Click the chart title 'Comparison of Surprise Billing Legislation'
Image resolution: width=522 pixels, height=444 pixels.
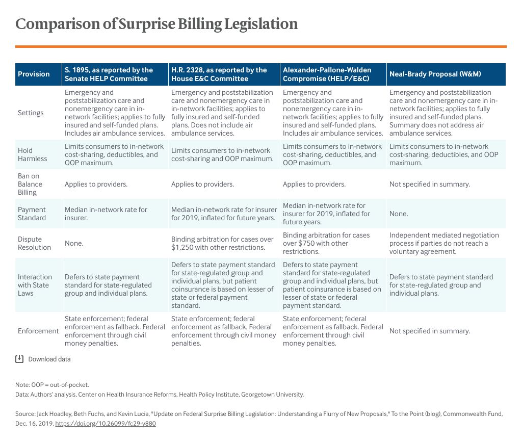click(x=156, y=24)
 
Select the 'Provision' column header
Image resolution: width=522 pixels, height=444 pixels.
click(x=34, y=74)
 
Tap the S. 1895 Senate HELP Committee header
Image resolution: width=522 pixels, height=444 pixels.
click(x=109, y=74)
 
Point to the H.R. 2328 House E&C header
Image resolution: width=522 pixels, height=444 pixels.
click(x=219, y=74)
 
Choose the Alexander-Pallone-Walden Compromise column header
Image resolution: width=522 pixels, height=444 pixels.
click(x=327, y=74)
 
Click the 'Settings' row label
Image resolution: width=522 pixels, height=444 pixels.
click(x=31, y=113)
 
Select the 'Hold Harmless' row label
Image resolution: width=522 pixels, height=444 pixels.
click(x=32, y=154)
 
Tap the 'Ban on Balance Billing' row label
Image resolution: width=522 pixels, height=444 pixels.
click(x=30, y=184)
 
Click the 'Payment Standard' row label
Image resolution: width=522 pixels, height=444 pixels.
click(x=32, y=214)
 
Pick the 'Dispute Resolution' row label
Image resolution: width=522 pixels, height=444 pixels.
click(x=34, y=243)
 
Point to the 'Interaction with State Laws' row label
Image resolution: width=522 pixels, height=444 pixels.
click(x=35, y=285)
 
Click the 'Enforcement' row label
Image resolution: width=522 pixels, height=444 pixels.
click(x=38, y=331)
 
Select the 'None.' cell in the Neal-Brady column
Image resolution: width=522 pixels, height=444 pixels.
click(x=399, y=214)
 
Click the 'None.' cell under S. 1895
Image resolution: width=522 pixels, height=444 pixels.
click(x=74, y=243)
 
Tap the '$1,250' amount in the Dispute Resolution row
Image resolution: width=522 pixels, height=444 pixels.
click(x=183, y=248)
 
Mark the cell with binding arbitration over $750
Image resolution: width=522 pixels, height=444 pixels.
click(x=326, y=243)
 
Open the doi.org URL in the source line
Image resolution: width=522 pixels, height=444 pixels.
click(x=105, y=424)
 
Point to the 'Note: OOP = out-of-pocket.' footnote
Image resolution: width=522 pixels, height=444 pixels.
click(x=52, y=385)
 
